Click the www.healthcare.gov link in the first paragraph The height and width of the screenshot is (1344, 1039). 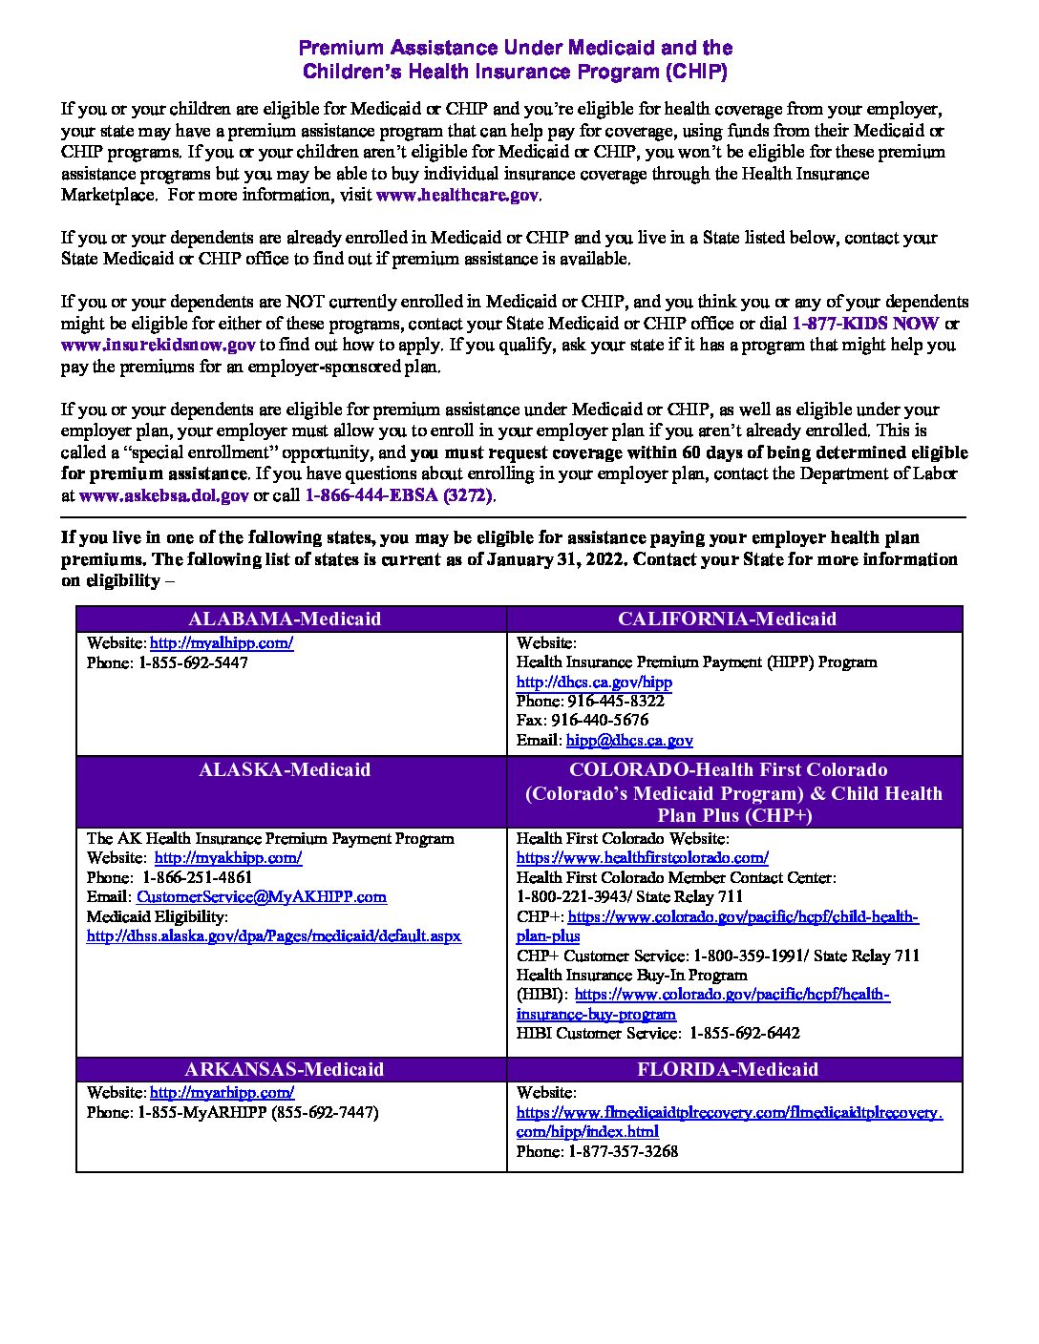pos(457,195)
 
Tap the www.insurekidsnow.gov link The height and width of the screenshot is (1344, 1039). pos(158,346)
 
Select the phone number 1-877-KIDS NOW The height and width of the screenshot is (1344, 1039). pos(865,324)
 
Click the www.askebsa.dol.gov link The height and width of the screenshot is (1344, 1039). pos(164,496)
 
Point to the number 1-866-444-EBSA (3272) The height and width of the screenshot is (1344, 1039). pos(399,496)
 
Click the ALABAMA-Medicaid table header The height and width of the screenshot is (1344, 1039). pos(285,619)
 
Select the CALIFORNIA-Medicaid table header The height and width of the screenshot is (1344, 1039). pos(727,619)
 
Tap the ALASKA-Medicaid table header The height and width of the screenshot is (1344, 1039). pos(285,769)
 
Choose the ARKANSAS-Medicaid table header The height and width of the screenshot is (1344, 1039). pos(285,1069)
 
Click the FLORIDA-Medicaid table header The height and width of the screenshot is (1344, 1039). pos(727,1069)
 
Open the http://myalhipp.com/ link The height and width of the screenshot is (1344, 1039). pos(222,643)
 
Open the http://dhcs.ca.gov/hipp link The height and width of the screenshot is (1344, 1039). pos(594,682)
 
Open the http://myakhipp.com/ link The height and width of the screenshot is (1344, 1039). pos(228,858)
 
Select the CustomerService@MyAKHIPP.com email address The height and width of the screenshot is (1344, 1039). pos(262,897)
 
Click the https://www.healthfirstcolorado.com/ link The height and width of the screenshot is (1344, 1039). pos(642,858)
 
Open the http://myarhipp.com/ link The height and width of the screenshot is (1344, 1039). pos(222,1093)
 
